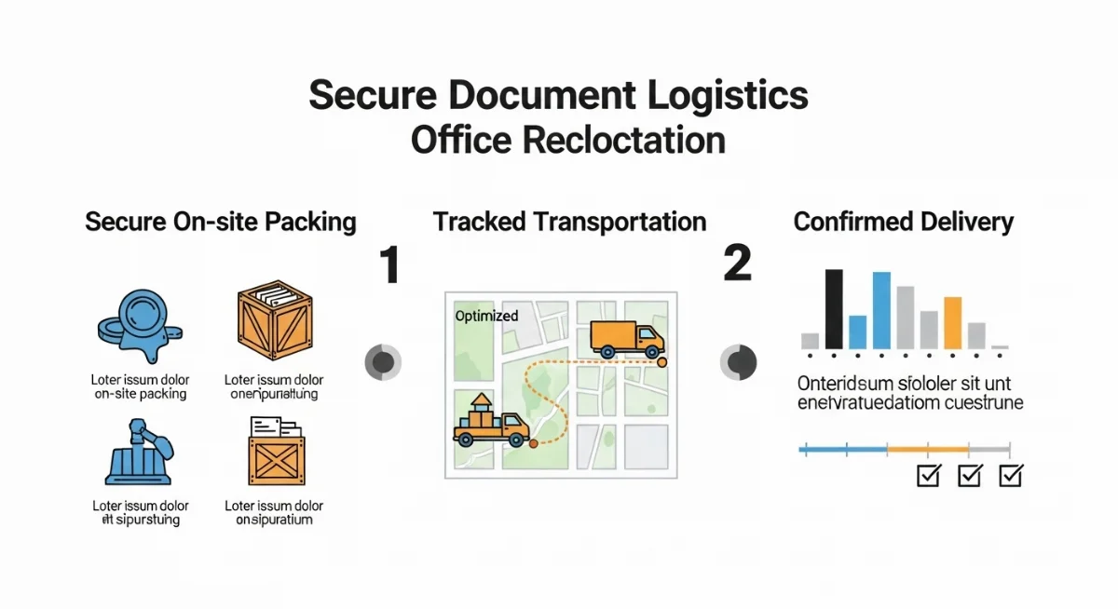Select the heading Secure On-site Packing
tap(221, 222)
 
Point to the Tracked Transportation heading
tap(569, 222)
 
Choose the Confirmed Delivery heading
tap(903, 222)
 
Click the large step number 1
tap(389, 264)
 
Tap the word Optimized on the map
tap(486, 316)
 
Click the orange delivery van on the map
tap(627, 339)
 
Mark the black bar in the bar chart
tap(834, 308)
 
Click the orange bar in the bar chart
tap(951, 322)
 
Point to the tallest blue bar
tap(881, 310)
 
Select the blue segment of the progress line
tap(842, 450)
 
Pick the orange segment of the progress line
tap(927, 450)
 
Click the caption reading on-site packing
tap(141, 394)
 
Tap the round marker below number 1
tap(382, 361)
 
